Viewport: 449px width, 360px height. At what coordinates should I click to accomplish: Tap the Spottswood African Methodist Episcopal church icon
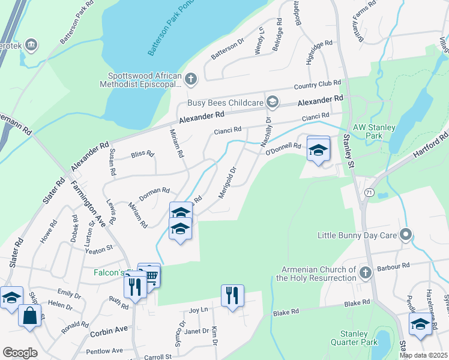(190, 79)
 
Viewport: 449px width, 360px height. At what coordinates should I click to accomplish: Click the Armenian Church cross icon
(364, 274)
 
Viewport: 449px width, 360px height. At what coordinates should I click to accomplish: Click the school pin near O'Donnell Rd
(318, 149)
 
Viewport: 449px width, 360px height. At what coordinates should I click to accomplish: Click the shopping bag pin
(29, 315)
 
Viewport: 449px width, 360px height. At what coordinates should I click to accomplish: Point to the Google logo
(20, 353)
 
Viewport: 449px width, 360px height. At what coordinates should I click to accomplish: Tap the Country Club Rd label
(318, 83)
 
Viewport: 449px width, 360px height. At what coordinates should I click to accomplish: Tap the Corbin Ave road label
(109, 329)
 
